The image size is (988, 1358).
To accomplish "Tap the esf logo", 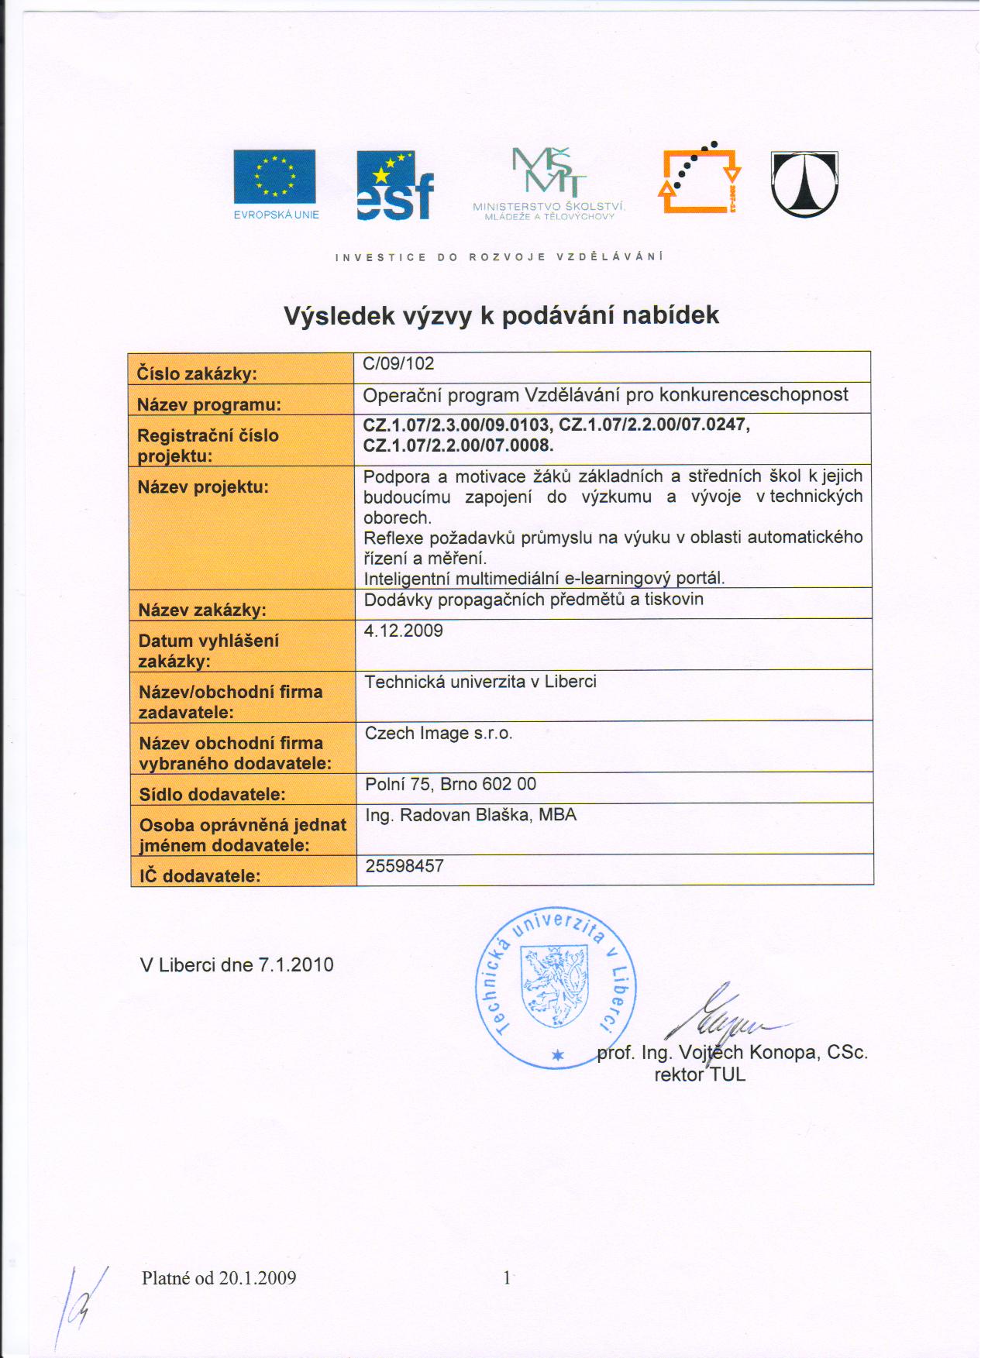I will tap(394, 187).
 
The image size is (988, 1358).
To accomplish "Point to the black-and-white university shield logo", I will tap(804, 184).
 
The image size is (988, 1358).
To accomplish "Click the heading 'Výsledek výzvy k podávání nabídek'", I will tap(501, 315).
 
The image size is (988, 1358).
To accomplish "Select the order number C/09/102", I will tap(399, 364).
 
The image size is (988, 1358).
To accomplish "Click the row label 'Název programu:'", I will tap(209, 404).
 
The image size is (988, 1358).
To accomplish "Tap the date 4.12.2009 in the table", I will tap(404, 631).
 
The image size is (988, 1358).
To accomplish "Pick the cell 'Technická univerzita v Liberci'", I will tap(480, 682).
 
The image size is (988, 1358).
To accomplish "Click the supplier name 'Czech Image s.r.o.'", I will tap(439, 733).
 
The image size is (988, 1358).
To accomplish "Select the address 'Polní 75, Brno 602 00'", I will tap(450, 784).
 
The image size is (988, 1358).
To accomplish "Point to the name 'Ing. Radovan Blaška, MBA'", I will tap(471, 815).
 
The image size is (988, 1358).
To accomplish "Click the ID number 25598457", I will tap(404, 866).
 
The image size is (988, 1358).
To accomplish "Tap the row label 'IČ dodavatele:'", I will tap(200, 876).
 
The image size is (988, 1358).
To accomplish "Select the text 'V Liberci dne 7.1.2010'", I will tap(237, 964).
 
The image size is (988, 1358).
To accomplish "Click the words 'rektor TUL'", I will tap(700, 1074).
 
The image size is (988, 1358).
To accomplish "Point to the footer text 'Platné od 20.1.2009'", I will tap(219, 1277).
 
